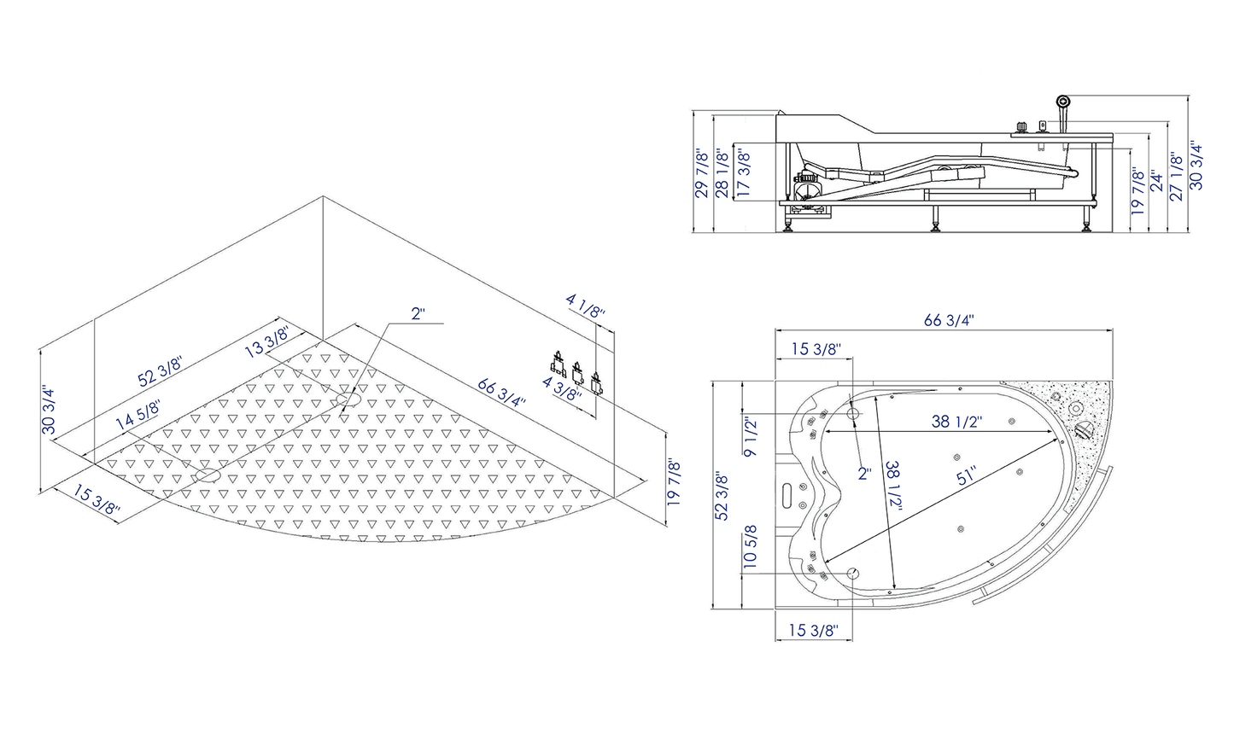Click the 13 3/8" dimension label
266,341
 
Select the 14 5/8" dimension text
137,415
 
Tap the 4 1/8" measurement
586,306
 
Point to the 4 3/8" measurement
562,388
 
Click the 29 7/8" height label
701,172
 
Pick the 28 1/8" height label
722,172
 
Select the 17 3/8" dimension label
744,172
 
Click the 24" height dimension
1156,181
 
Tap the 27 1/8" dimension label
1176,176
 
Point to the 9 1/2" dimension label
751,438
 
